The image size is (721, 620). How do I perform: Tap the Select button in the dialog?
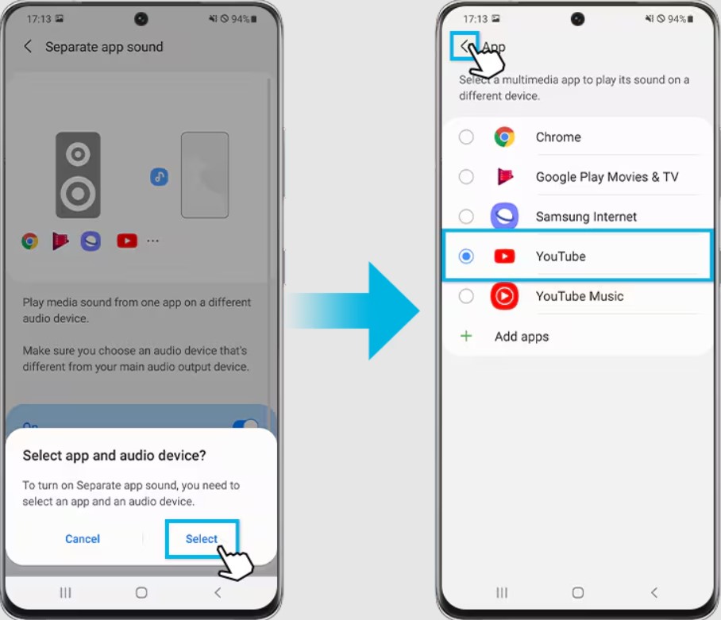202,539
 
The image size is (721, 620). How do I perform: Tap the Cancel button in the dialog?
83,539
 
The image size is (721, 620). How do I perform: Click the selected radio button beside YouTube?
466,256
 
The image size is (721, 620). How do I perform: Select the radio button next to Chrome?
466,137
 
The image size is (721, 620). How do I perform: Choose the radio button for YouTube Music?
466,296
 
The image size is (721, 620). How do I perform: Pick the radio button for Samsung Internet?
466,216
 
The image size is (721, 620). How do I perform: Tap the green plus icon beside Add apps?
466,336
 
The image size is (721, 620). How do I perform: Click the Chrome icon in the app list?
504,137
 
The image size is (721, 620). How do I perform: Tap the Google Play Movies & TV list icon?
505,176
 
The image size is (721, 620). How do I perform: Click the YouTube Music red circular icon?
504,296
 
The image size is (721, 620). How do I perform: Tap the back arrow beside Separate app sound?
28,46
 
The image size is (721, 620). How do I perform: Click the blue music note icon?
159,176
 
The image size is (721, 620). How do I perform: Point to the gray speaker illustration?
78,175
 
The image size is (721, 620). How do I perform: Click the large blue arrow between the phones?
354,310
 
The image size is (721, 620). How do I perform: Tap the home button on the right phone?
577,592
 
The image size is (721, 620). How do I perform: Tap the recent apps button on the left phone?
65,592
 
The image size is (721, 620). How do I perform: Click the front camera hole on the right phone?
577,19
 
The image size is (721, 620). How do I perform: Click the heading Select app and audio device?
114,455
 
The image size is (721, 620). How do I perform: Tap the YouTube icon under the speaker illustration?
127,241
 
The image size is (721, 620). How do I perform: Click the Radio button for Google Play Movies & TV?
466,176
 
